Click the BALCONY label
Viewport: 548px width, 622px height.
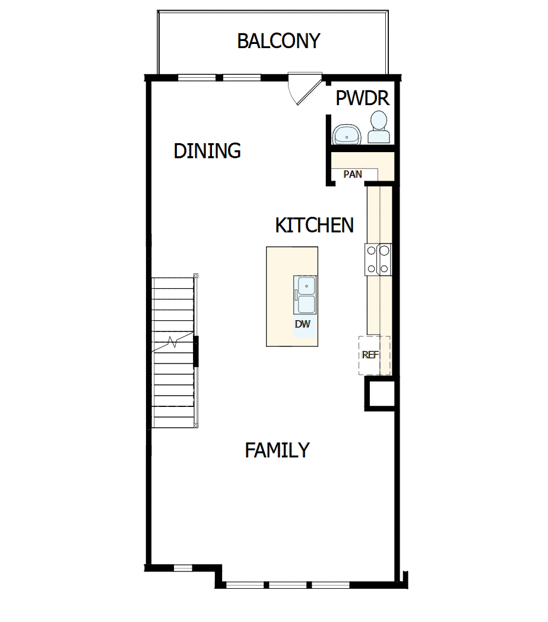278,41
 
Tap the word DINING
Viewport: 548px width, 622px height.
207,151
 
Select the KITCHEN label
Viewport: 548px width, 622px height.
314,226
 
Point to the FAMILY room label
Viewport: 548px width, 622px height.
277,450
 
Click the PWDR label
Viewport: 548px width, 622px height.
362,99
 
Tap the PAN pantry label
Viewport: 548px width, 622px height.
353,175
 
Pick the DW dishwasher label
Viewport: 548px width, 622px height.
303,324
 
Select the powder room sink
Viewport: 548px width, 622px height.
346,135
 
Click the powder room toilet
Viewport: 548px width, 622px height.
378,128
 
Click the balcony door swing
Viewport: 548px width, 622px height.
300,88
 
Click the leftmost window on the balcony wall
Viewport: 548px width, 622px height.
197,77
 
